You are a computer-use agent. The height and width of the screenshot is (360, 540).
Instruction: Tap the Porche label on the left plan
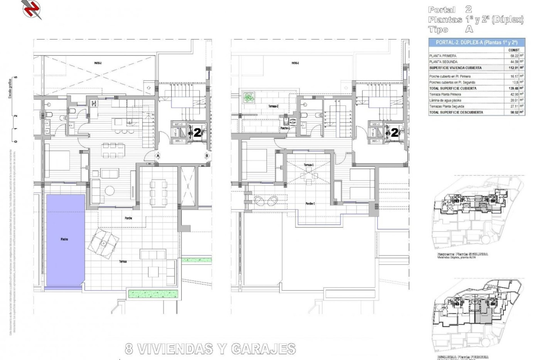(128, 218)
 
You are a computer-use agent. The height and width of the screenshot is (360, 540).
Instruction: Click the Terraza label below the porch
(122, 262)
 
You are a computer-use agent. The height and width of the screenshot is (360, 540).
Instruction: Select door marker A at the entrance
(158, 156)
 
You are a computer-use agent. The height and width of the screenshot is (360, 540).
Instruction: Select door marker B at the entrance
(207, 156)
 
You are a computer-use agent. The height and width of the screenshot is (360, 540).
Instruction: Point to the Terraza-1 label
(309, 165)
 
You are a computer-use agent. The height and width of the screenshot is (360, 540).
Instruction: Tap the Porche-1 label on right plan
(310, 204)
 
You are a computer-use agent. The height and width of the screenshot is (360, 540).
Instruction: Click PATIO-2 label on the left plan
(98, 63)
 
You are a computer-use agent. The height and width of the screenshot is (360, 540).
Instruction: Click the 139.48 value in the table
(514, 88)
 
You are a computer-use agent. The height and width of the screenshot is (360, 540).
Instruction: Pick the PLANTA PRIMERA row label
(443, 56)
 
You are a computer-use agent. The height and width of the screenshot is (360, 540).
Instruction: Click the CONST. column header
(514, 50)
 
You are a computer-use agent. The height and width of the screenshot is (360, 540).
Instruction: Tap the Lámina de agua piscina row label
(445, 100)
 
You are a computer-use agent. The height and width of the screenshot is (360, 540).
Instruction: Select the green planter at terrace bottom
(154, 294)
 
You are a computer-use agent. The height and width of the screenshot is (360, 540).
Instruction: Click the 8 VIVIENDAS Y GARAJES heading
(210, 349)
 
